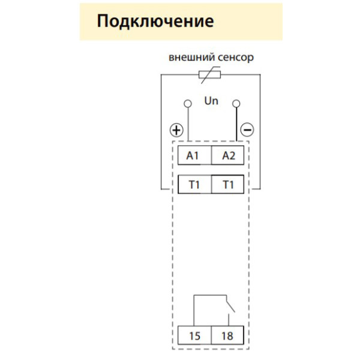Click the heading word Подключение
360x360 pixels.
coord(155,22)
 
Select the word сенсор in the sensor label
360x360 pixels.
coord(235,58)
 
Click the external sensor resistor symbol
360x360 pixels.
coord(210,75)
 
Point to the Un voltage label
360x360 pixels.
coord(211,101)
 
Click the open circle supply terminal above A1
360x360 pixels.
coord(188,103)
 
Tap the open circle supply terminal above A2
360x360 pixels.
coord(236,103)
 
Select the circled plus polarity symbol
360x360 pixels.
coord(176,130)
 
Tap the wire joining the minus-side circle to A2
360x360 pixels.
coord(236,126)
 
